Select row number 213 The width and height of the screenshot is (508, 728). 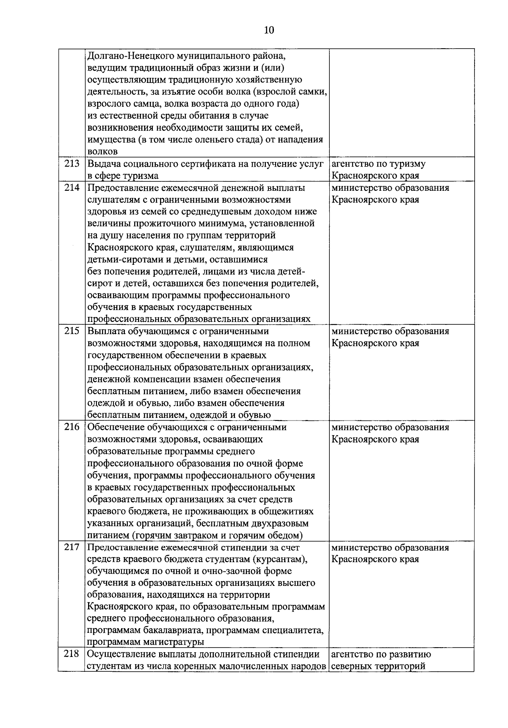[72, 164]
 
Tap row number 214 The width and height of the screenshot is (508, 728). [72, 188]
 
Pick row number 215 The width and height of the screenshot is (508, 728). [72, 331]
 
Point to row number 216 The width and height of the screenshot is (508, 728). [72, 427]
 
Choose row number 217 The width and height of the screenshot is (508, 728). [72, 547]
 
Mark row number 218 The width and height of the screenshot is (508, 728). [72, 654]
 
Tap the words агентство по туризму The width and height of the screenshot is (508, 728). [378, 164]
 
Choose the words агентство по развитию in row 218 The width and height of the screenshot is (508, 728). [381, 654]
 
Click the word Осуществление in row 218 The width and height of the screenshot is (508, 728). [117, 654]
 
